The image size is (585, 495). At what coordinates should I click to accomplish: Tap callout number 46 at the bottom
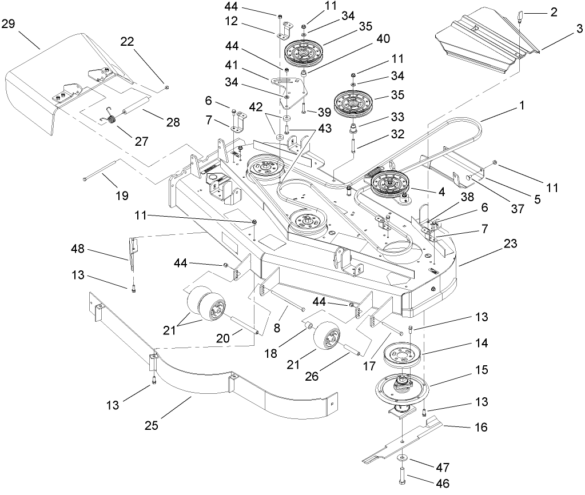click(442, 483)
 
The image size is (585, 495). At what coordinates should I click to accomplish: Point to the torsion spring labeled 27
click(112, 120)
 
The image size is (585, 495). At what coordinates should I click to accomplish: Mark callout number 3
click(579, 28)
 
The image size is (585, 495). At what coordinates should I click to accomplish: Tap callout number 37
click(517, 209)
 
